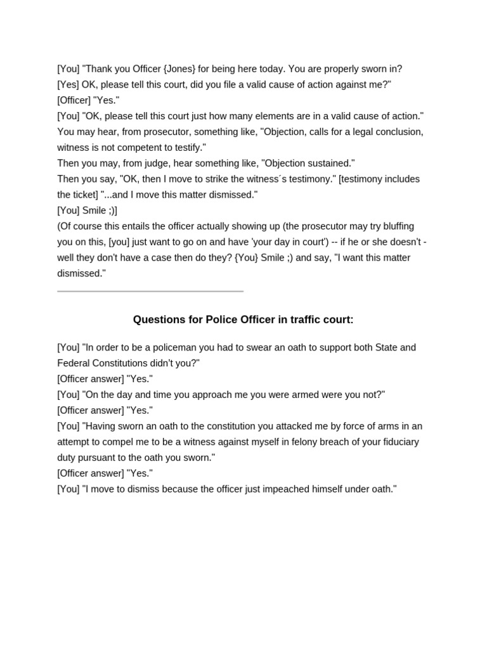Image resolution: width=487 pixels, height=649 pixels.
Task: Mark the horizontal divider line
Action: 150,292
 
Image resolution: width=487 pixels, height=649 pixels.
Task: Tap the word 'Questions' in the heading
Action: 161,320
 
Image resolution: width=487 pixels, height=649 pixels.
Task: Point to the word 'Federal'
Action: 74,364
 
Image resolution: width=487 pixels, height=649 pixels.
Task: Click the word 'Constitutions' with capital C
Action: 139,364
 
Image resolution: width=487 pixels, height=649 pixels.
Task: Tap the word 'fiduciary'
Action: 399,442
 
